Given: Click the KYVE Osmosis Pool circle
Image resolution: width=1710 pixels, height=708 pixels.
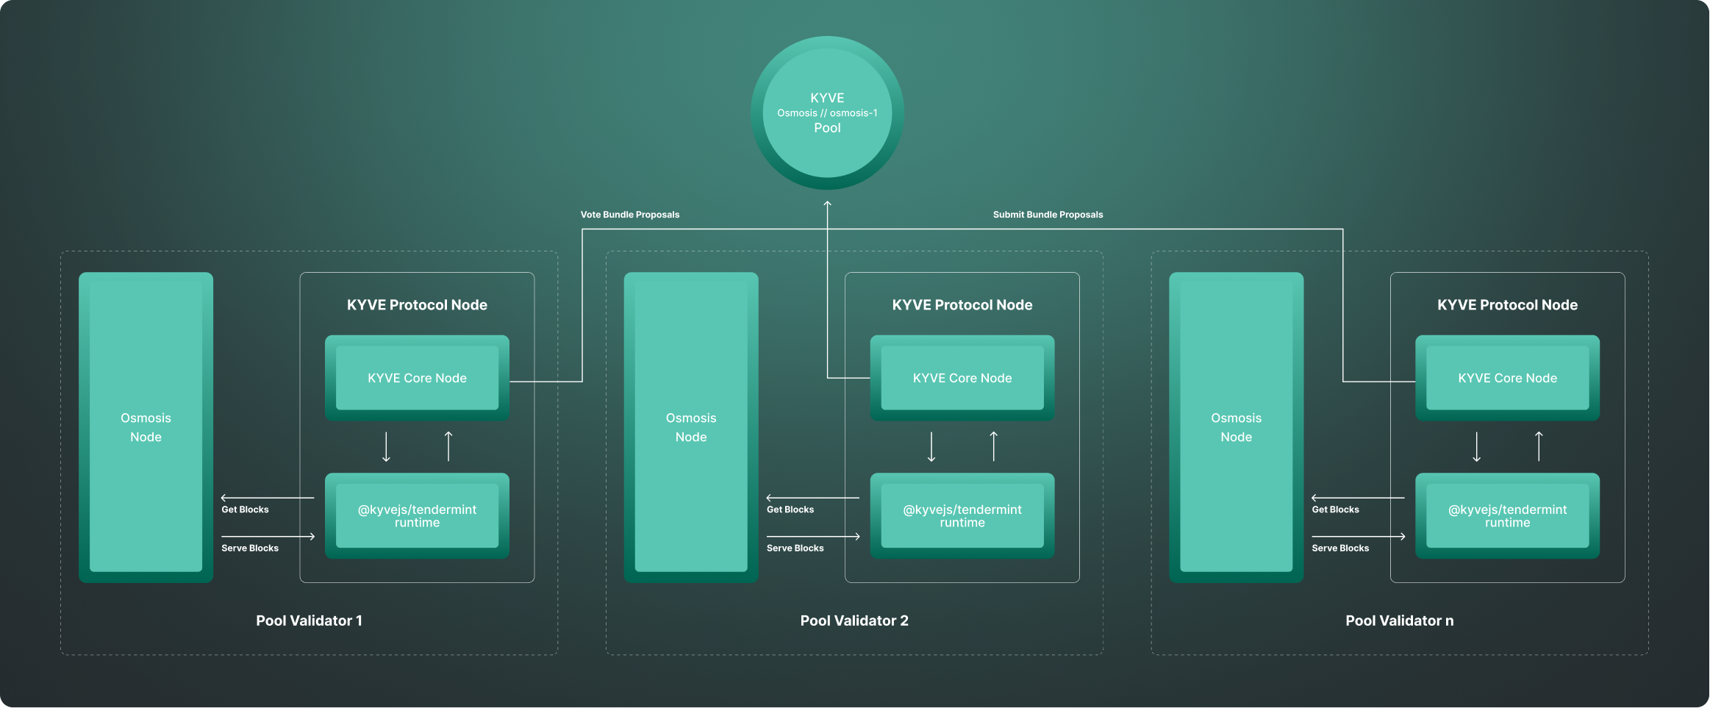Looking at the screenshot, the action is tap(827, 112).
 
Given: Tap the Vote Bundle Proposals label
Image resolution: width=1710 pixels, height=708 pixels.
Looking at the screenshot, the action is tap(630, 215).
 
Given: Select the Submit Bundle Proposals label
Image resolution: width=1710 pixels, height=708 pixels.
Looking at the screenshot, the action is tap(1048, 215).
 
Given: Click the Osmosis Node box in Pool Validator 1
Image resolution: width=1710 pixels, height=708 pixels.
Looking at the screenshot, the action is tap(146, 427).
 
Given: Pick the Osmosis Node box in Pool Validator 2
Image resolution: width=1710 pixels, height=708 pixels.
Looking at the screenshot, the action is tap(691, 427).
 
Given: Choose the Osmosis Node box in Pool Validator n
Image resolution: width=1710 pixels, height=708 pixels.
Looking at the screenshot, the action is tap(1236, 427).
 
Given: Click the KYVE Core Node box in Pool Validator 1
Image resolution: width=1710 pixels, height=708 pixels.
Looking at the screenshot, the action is tap(417, 378).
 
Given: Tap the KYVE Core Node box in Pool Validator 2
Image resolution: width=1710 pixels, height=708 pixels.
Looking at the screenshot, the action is tap(962, 378).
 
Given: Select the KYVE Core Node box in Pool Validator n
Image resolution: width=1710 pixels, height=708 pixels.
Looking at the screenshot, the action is tap(1507, 378).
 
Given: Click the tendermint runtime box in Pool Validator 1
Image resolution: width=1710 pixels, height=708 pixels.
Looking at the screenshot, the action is tap(417, 515).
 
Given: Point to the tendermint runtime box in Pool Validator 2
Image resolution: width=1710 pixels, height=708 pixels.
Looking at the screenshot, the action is tap(962, 515).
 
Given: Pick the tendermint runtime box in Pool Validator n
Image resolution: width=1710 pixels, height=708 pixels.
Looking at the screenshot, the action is tap(1507, 515).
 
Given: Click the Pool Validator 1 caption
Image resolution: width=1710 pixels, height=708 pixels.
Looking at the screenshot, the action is tap(309, 621).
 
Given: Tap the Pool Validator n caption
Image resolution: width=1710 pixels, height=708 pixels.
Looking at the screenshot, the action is tap(1399, 621).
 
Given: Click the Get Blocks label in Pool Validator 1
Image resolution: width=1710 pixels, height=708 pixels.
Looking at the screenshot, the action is tap(245, 509).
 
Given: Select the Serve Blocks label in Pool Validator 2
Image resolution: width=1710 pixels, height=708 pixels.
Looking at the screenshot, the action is tap(795, 548).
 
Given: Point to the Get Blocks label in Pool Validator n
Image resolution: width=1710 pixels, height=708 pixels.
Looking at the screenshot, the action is tap(1335, 509).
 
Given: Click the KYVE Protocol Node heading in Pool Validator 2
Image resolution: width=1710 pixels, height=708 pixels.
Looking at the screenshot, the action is tap(962, 305).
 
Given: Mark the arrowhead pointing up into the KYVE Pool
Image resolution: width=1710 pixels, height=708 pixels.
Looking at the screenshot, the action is tap(827, 203).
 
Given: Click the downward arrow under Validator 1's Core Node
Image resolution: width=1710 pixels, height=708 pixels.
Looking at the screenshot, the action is tap(386, 447).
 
